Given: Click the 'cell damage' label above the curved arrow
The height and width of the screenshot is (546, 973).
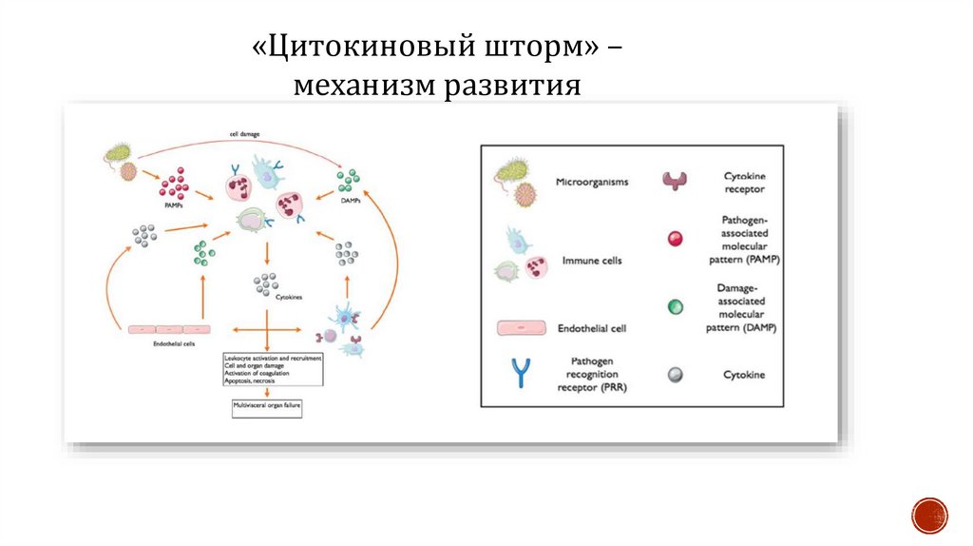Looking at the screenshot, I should (x=245, y=134).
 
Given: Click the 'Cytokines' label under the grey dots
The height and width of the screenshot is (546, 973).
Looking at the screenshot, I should (x=289, y=298).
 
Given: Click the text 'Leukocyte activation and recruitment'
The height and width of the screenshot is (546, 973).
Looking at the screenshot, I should (x=273, y=358).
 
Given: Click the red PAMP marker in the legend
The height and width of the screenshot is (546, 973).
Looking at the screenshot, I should (x=676, y=239).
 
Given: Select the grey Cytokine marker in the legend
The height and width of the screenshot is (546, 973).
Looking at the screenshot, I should (x=676, y=375).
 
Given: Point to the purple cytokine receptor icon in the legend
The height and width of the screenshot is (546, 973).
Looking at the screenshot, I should (x=676, y=181).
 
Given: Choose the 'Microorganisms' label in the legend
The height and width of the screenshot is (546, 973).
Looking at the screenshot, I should (x=592, y=183).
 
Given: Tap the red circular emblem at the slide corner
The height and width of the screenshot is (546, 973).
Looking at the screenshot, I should (x=929, y=515).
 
